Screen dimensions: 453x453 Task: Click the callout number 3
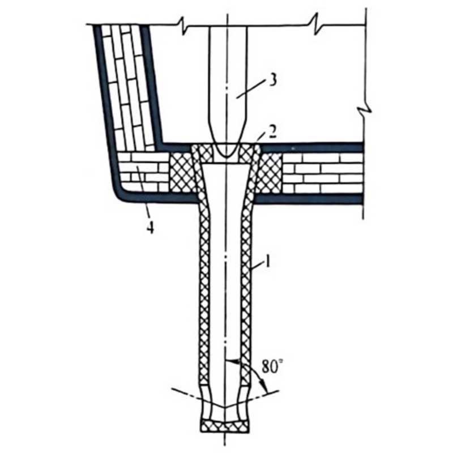[272, 80]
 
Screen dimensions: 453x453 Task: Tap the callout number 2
[271, 131]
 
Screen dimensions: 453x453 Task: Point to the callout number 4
[150, 228]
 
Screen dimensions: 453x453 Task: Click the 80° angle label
[272, 366]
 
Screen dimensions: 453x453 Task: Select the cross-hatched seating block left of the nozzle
[181, 173]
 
